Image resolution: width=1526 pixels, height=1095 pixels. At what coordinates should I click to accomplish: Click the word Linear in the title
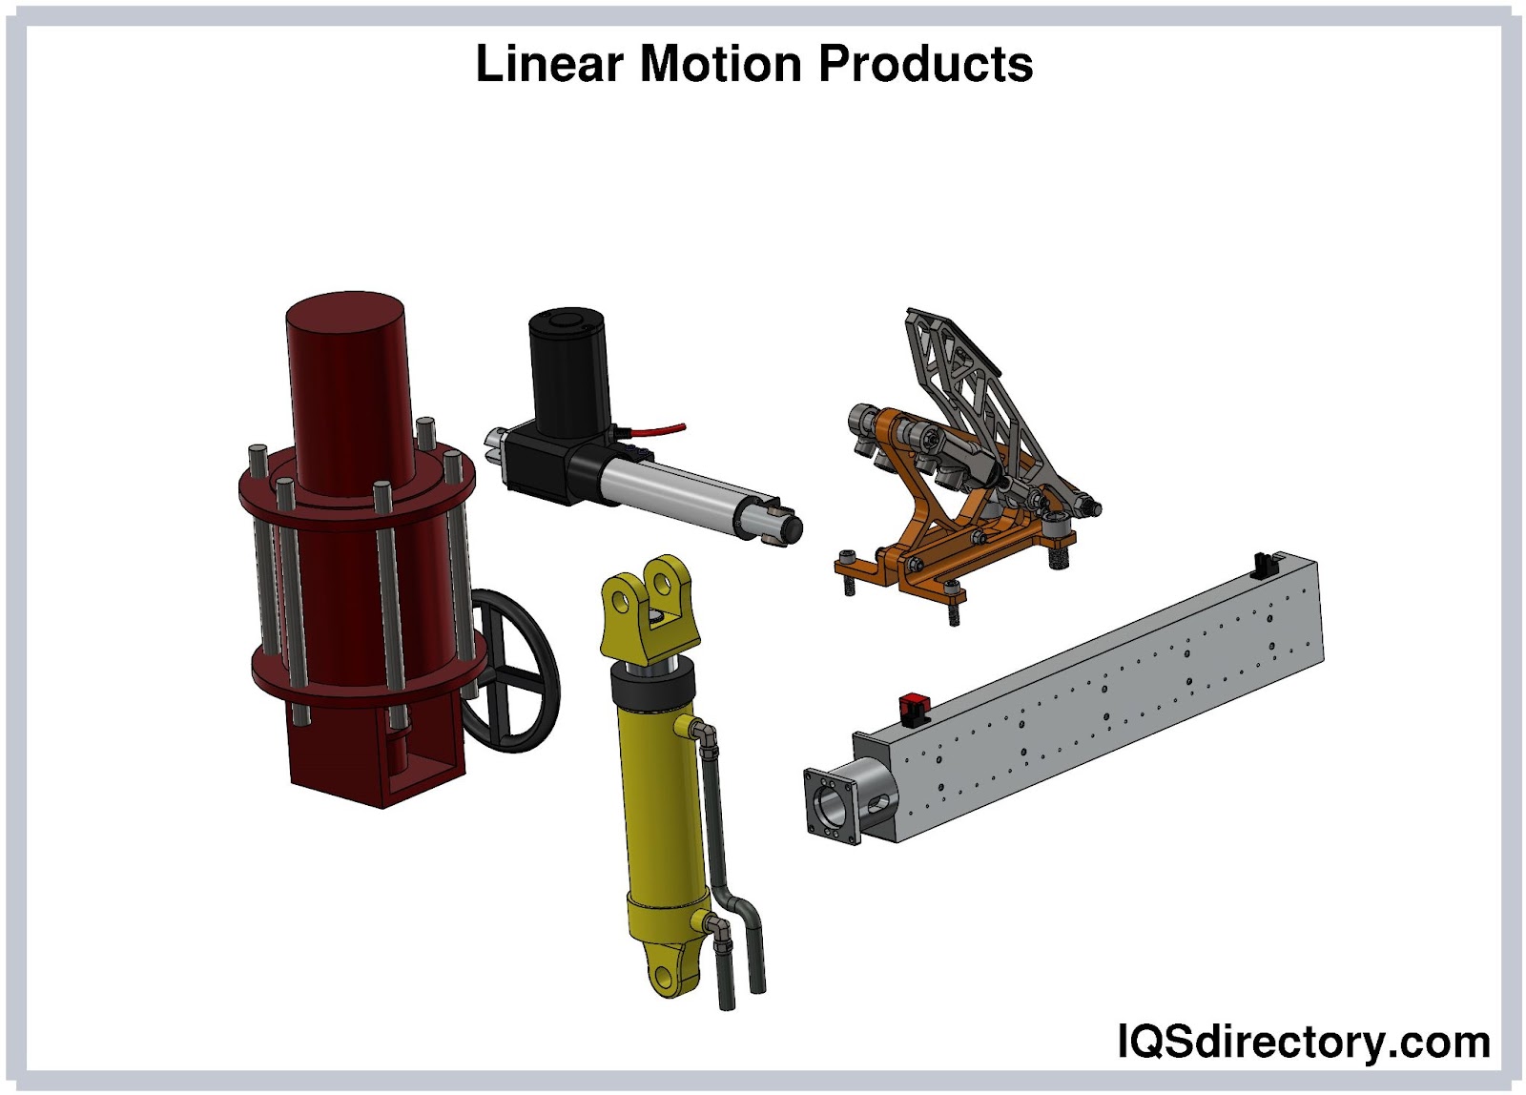549,63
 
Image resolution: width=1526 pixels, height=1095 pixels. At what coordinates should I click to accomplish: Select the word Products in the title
926,63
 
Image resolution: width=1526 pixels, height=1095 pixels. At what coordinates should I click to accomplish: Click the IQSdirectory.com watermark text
1304,1042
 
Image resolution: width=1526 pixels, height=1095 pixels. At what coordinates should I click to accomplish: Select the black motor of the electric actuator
568,371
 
